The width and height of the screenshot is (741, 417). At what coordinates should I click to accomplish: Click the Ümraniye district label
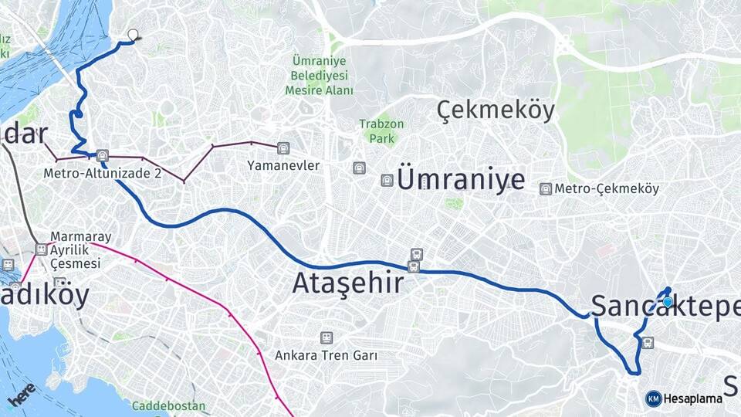[461, 180]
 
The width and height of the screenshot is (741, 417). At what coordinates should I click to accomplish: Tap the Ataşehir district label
[347, 283]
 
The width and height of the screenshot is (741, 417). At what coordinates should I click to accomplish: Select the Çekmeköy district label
[496, 111]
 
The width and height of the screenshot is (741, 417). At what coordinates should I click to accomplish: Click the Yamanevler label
[283, 165]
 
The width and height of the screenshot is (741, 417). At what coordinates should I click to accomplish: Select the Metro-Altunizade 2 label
[103, 173]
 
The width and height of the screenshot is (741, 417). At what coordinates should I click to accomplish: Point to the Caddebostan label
[168, 405]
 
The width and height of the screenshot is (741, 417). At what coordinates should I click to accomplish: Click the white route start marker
[134, 35]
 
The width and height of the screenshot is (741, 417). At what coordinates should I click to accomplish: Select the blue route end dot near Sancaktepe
[668, 302]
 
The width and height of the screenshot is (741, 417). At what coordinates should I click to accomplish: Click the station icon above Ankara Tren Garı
[327, 337]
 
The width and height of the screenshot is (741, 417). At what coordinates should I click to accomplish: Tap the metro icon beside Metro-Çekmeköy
[546, 189]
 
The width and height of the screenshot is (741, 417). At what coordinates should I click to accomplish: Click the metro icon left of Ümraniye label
[387, 180]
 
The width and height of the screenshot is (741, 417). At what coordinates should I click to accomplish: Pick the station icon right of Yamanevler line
[284, 146]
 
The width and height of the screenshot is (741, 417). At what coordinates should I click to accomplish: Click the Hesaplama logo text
[692, 398]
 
